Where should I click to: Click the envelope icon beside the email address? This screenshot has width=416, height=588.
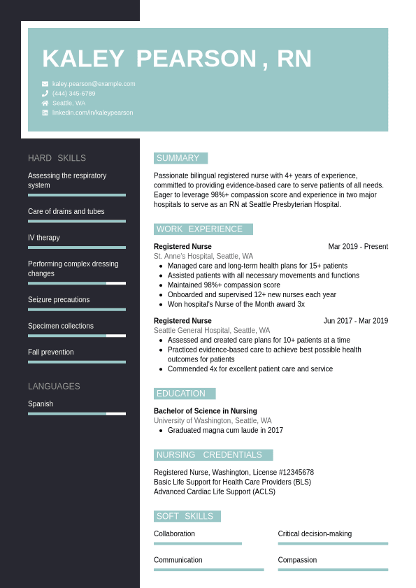coord(45,84)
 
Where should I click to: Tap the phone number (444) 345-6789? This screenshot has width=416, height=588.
coord(73,94)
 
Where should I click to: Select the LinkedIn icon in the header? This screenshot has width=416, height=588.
coord(45,113)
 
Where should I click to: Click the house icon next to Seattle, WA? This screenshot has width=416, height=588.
coord(45,103)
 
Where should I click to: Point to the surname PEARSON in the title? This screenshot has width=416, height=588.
coord(196,59)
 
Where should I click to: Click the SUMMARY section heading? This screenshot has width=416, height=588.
coord(178,158)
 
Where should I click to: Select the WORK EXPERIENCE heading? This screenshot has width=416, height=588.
coord(200,229)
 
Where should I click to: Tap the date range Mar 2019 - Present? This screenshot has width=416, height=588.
coord(358,247)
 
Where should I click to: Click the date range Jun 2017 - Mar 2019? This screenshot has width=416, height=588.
coord(355,321)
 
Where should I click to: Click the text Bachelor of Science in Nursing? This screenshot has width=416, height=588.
coord(206,411)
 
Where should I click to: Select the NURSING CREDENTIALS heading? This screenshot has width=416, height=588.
coord(210,455)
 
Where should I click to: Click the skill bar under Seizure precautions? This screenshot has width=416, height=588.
coord(77,309)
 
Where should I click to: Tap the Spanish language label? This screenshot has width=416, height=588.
coord(41,404)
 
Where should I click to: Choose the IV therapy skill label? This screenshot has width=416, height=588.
coord(44,238)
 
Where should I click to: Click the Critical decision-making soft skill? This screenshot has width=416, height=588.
coord(315,534)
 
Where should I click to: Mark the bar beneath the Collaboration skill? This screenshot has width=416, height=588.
coord(198,543)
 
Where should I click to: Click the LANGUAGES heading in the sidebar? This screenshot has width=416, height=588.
coord(54,387)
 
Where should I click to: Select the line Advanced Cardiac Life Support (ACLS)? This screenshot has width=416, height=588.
coord(215,492)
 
